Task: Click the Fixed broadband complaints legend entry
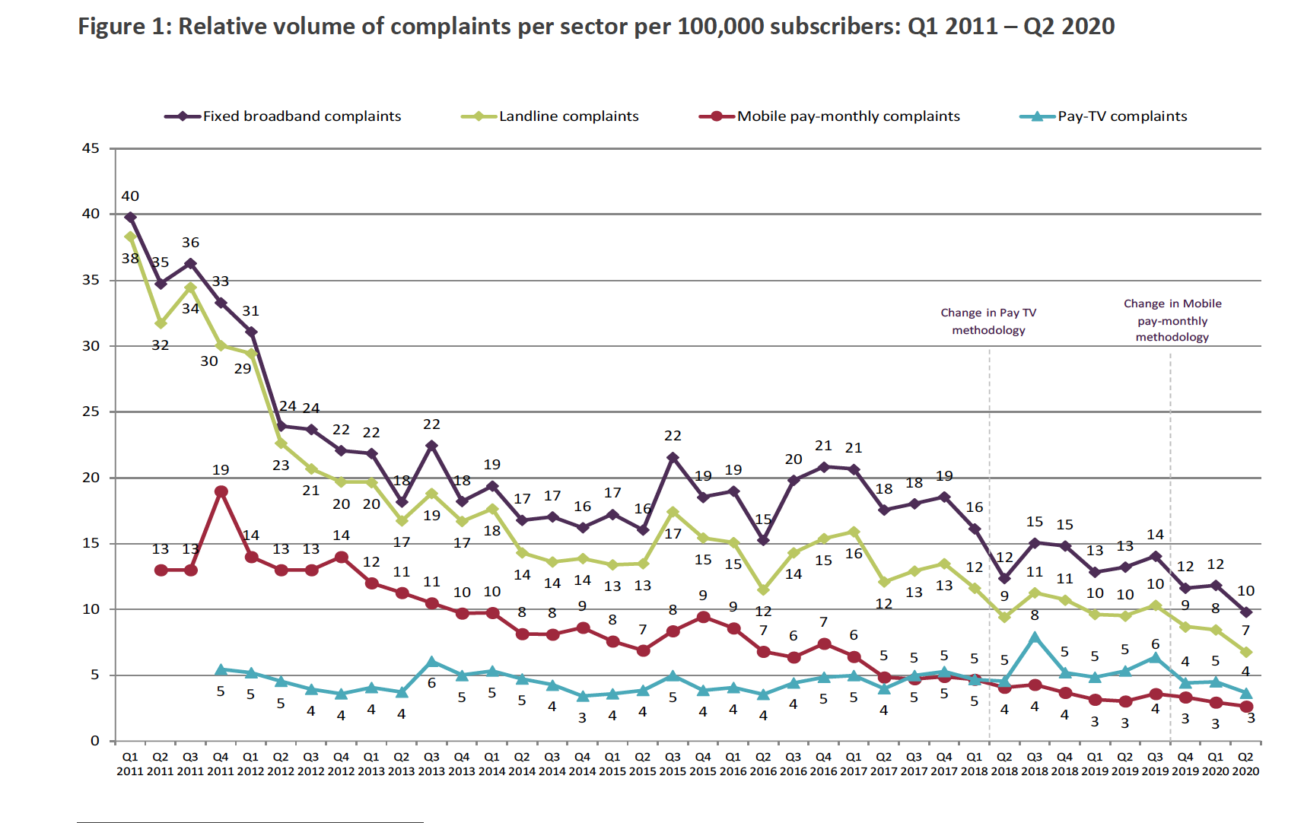[301, 116]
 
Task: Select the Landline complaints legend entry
[568, 116]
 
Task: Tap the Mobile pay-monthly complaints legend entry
[848, 116]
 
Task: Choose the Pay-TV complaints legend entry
[1121, 116]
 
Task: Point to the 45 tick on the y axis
[91, 148]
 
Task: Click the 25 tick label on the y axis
[91, 411]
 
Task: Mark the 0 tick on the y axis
[94, 741]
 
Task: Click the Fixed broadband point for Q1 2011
[131, 218]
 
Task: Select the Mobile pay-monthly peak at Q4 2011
[221, 491]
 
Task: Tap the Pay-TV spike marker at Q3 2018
[1035, 637]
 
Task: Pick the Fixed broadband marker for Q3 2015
[673, 458]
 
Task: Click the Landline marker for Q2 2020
[1245, 652]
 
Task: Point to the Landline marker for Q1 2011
[131, 237]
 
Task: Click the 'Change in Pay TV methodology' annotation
[988, 321]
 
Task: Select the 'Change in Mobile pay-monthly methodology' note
[1172, 320]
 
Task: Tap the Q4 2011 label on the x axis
[221, 764]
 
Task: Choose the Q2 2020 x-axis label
[1245, 764]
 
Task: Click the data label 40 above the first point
[130, 196]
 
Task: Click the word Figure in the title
[111, 27]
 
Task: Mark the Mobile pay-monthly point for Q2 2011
[161, 570]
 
